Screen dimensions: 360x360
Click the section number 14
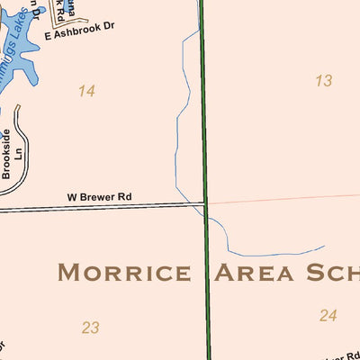point(86,91)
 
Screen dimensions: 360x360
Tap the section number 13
point(323,81)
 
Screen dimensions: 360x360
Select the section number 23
point(90,328)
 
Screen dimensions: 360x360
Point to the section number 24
point(328,315)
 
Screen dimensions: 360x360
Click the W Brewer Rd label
point(99,196)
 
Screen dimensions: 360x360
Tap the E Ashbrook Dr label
point(80,33)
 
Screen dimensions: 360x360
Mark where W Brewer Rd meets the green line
point(206,203)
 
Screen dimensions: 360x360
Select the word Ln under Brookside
point(17,155)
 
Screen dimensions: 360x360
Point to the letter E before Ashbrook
point(47,35)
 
